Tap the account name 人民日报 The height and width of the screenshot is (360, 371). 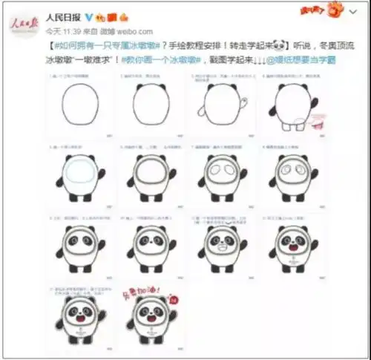tap(63, 16)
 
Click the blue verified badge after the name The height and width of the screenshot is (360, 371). tap(90, 16)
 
